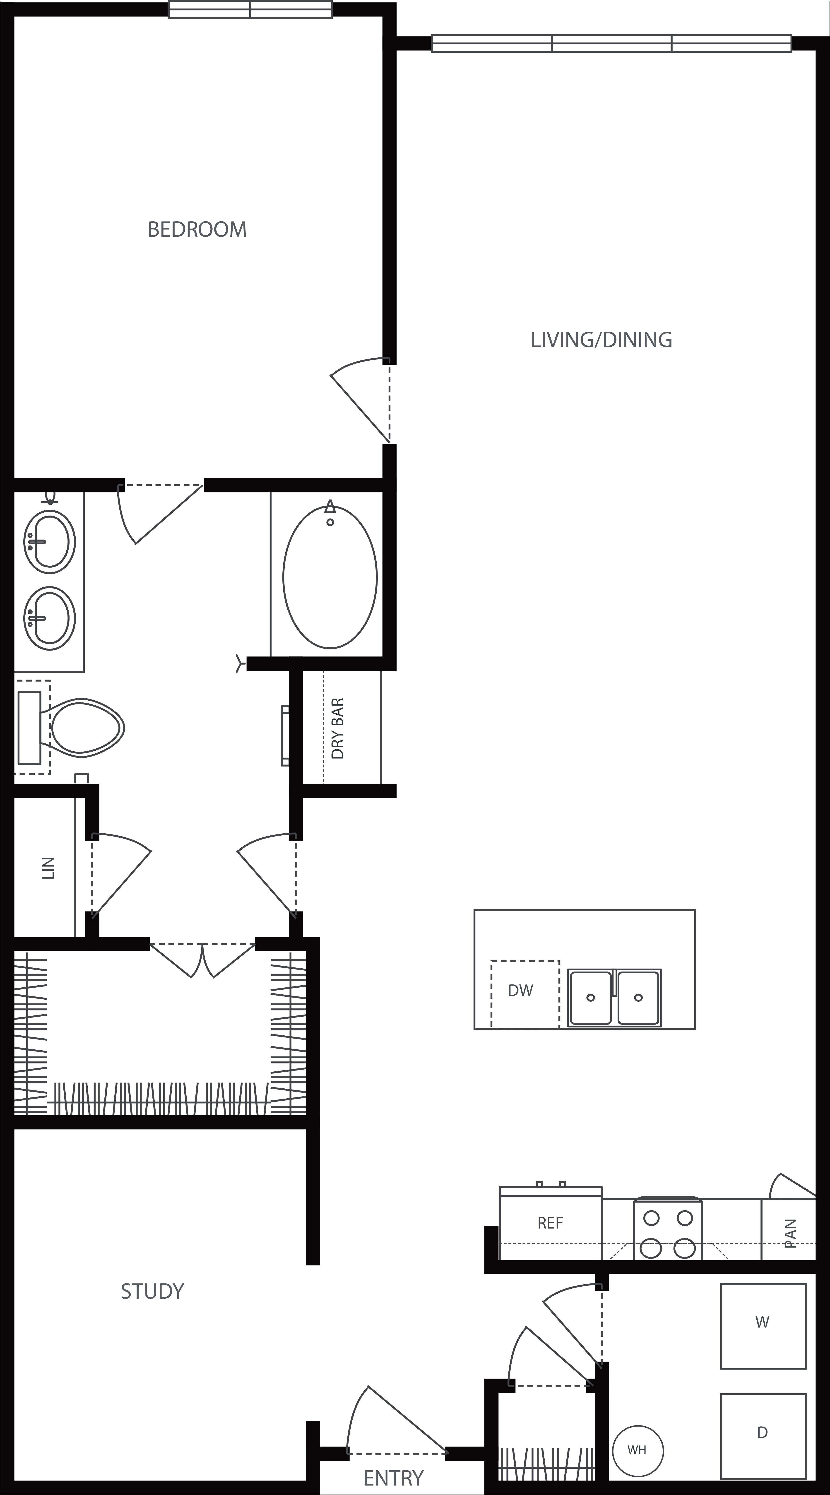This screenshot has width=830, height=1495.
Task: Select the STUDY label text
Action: [152, 1292]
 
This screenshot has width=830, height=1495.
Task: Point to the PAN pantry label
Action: [791, 1233]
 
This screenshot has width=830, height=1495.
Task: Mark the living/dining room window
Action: [611, 43]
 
